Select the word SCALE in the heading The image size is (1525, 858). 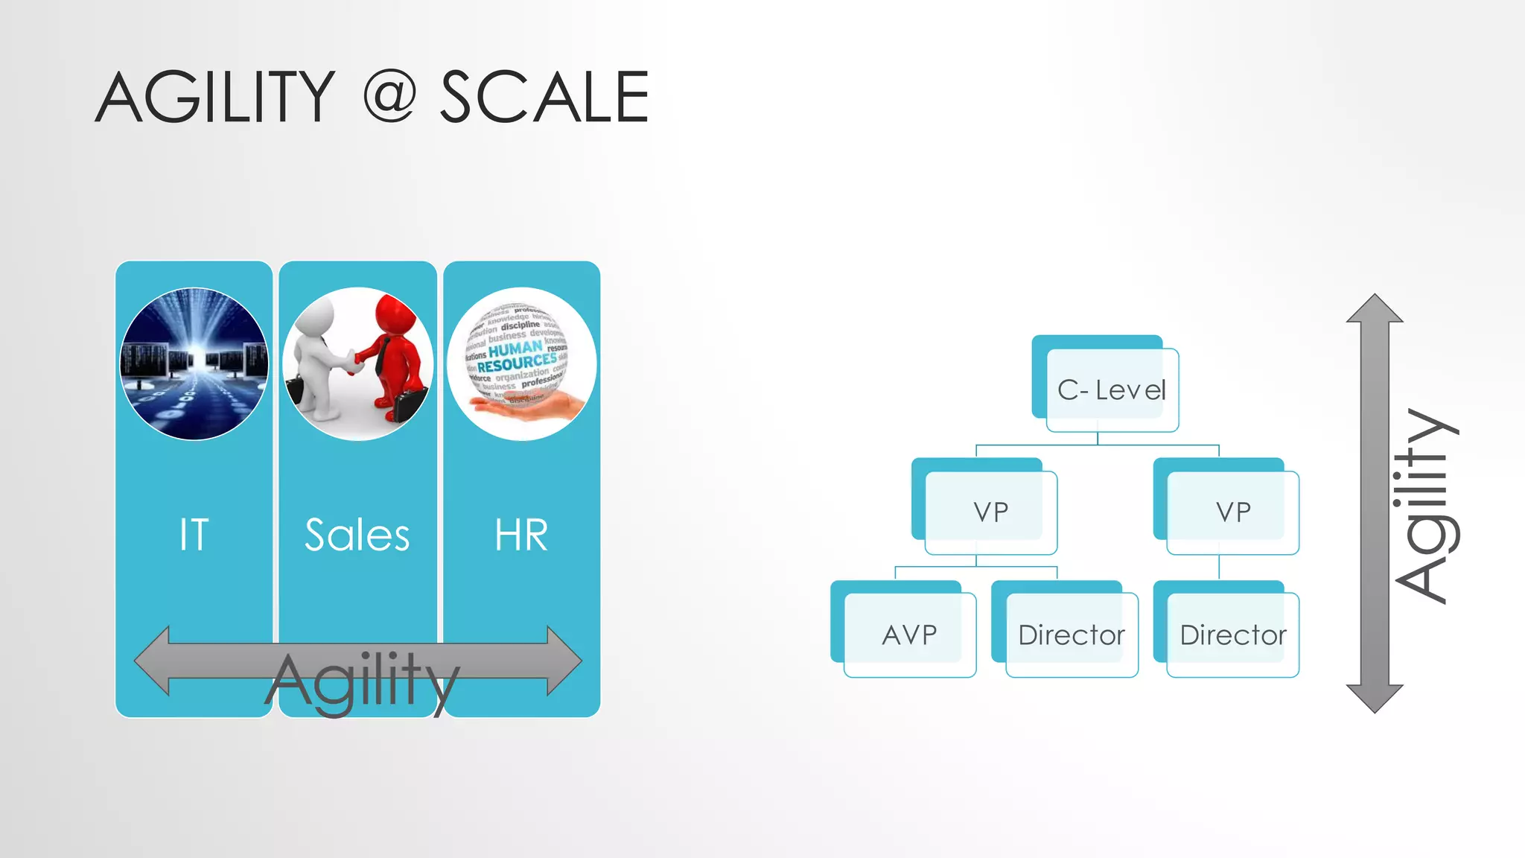544,97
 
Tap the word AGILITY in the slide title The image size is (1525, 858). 216,97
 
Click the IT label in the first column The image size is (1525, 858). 194,535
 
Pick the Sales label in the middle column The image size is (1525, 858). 357,535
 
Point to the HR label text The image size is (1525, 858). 521,535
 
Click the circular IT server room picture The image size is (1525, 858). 194,364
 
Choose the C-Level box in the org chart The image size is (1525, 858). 1112,390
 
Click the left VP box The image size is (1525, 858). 990,512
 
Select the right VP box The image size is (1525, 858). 1232,512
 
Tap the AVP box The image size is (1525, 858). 909,635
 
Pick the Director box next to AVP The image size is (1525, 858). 1071,635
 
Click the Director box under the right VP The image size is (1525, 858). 1232,635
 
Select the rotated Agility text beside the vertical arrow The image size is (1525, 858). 1426,506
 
